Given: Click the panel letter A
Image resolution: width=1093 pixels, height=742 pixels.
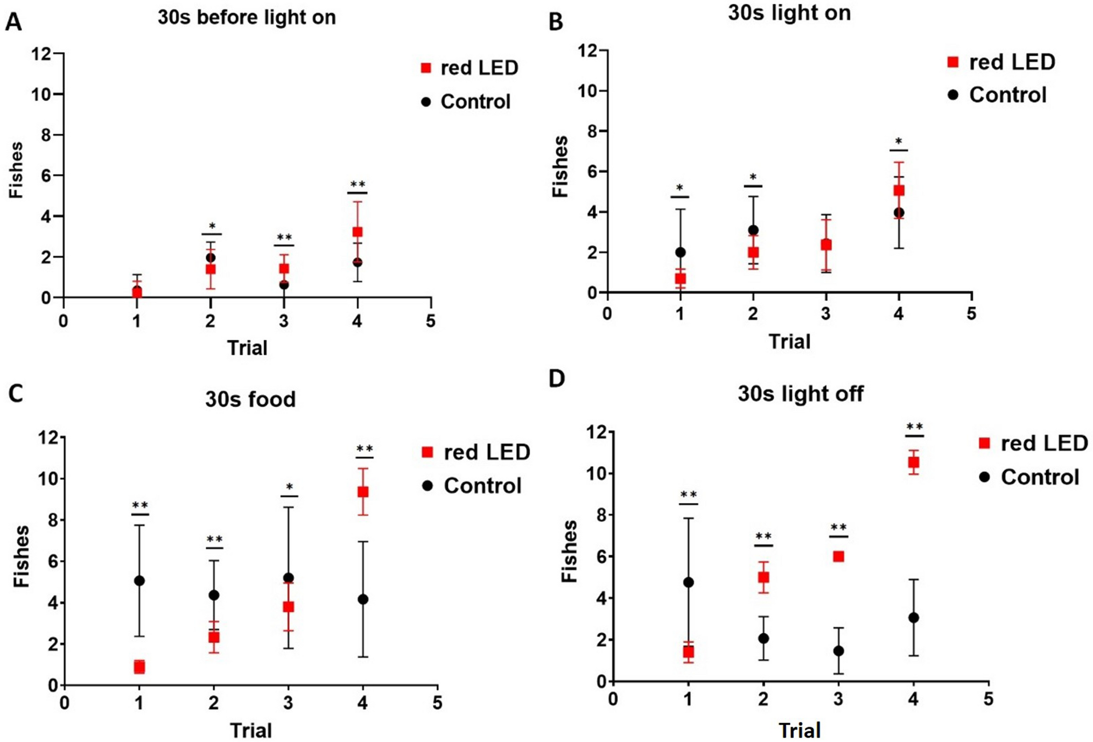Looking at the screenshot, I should [x=13, y=23].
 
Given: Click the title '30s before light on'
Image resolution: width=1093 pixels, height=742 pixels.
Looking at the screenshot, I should [x=247, y=17].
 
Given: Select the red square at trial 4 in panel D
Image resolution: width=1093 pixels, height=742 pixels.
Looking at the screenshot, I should [x=913, y=462].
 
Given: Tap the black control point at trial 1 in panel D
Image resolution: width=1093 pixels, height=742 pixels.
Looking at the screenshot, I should [x=688, y=582].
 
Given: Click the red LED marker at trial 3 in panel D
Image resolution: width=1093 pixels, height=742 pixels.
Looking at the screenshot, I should [x=838, y=556].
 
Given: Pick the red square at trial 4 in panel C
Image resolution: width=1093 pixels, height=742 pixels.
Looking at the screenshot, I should [x=363, y=492].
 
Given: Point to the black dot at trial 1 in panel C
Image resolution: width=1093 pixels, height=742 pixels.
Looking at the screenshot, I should [x=139, y=580].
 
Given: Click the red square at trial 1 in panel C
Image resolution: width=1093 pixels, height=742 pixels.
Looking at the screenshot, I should [x=139, y=667].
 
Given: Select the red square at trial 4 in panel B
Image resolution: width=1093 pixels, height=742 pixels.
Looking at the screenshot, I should [x=899, y=191].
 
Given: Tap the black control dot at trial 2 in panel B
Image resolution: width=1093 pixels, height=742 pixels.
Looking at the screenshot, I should [x=753, y=230].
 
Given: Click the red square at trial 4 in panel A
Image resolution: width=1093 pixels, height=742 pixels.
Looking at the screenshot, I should [x=357, y=232].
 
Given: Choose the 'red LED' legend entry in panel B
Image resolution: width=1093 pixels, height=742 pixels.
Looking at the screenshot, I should [x=1001, y=62].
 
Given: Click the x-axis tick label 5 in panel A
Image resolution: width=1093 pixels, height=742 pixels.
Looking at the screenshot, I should [x=430, y=321].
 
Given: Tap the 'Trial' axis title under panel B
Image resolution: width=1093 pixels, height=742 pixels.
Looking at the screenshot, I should [x=789, y=341].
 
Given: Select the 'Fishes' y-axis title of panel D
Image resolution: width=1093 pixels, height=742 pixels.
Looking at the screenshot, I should [x=569, y=551].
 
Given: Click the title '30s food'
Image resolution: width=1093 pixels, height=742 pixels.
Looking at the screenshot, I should [x=250, y=400].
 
